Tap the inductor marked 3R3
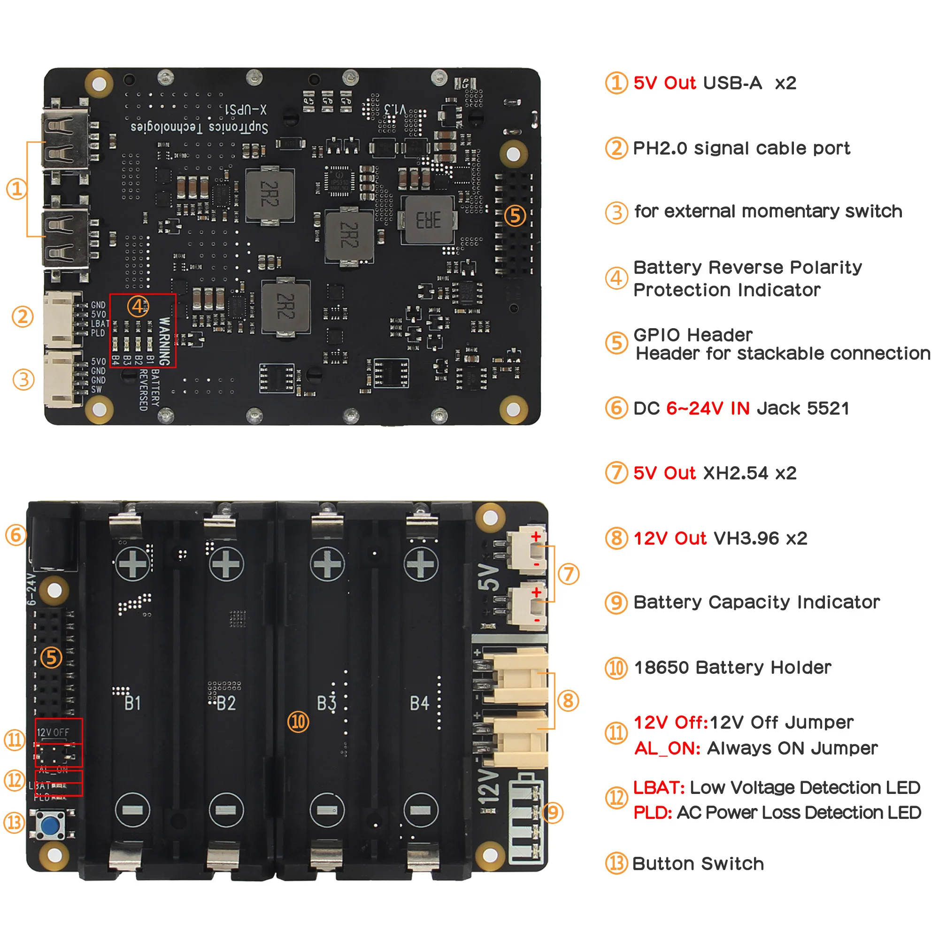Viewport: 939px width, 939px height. (428, 220)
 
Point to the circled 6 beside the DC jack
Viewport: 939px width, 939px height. (15, 535)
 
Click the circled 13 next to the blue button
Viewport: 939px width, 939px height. (14, 823)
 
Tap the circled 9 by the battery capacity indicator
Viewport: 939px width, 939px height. (553, 812)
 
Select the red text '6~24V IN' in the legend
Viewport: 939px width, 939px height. (707, 408)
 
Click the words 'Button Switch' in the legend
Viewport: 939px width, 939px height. (698, 864)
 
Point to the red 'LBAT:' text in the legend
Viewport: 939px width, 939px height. (659, 787)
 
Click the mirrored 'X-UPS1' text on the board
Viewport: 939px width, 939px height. (246, 109)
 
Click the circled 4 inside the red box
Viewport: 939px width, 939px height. (138, 306)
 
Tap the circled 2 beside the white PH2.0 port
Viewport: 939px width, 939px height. (23, 317)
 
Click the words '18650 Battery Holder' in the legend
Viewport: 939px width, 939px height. (732, 667)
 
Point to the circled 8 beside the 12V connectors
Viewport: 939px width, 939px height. (568, 700)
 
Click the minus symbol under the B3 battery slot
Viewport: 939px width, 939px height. (327, 810)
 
